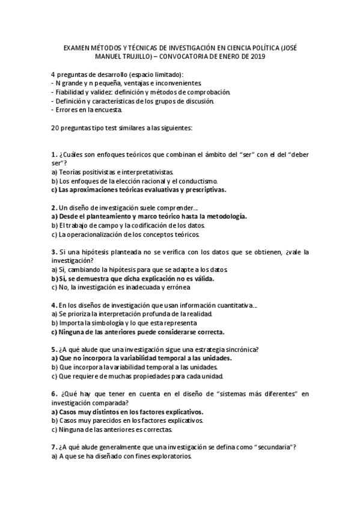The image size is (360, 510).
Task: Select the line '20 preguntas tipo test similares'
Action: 130,128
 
